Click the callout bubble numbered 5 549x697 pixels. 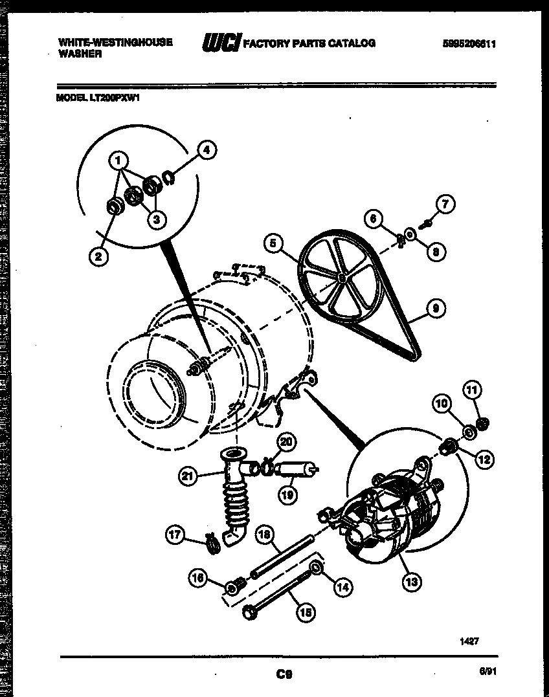click(273, 243)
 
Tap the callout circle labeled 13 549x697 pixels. click(410, 581)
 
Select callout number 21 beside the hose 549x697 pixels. click(186, 477)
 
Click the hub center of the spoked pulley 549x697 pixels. click(341, 276)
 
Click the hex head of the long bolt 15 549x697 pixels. click(249, 612)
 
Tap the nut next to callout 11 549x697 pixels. click(482, 423)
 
